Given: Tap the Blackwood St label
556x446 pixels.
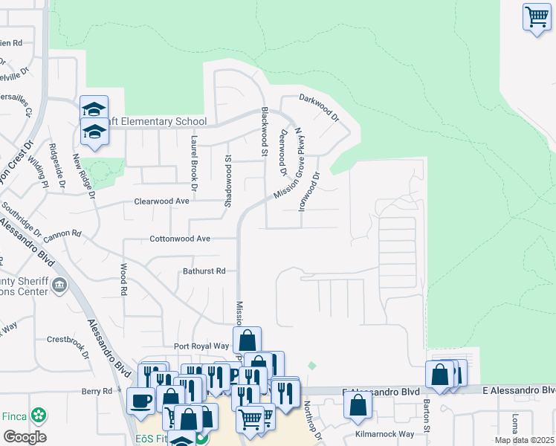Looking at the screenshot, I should [x=263, y=131].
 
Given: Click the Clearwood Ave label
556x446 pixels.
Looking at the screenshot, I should [x=162, y=201].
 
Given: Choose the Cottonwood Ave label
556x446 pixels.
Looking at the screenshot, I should [x=181, y=239].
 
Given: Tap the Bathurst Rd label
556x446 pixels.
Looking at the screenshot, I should [x=204, y=271].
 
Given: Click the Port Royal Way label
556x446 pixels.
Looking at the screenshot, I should [x=201, y=346].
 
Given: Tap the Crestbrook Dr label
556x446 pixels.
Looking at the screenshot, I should [x=69, y=344].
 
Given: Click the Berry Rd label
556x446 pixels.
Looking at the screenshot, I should [x=97, y=391].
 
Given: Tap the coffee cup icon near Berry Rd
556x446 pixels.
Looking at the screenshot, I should [x=140, y=400].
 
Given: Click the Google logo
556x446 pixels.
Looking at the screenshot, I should [x=25, y=437].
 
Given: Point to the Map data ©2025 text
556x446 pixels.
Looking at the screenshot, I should [x=524, y=440].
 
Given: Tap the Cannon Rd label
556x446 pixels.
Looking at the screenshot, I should [x=62, y=234].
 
